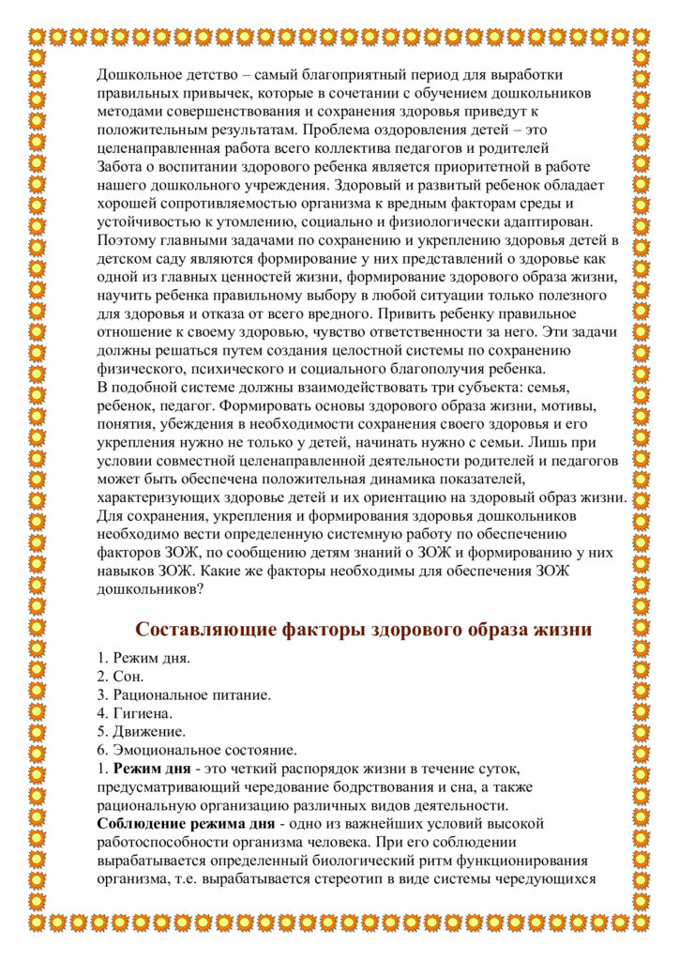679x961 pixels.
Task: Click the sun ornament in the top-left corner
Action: pos(38,35)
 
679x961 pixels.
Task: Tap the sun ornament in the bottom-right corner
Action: pos(641,924)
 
